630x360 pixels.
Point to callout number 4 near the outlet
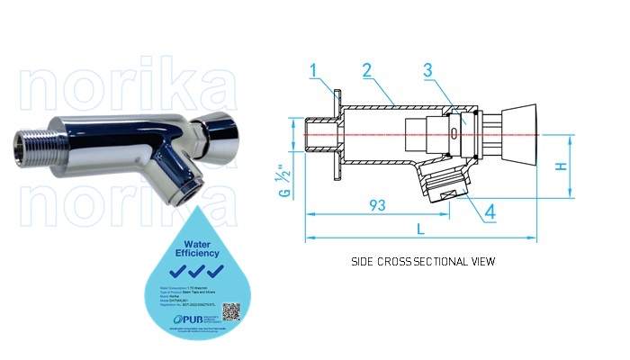(490, 212)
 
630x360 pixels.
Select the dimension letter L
(420, 229)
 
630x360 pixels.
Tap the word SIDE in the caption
(364, 262)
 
